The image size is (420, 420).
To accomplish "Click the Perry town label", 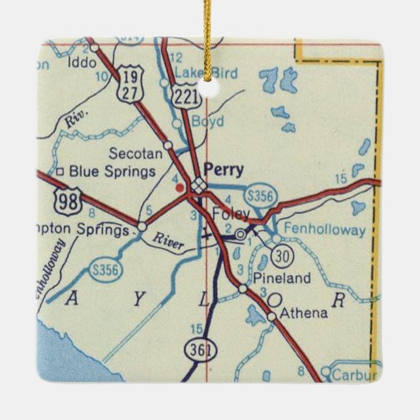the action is click(224, 170).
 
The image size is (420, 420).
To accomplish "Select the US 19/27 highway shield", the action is click(128, 85).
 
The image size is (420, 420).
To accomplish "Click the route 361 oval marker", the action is click(195, 349).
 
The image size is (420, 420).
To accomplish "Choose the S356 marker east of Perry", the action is click(265, 194).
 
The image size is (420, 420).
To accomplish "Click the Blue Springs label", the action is click(112, 172).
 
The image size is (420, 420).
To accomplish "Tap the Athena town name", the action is click(303, 314).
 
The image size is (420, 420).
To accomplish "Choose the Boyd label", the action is click(208, 122).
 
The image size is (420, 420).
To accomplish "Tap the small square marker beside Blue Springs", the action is click(59, 172).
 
